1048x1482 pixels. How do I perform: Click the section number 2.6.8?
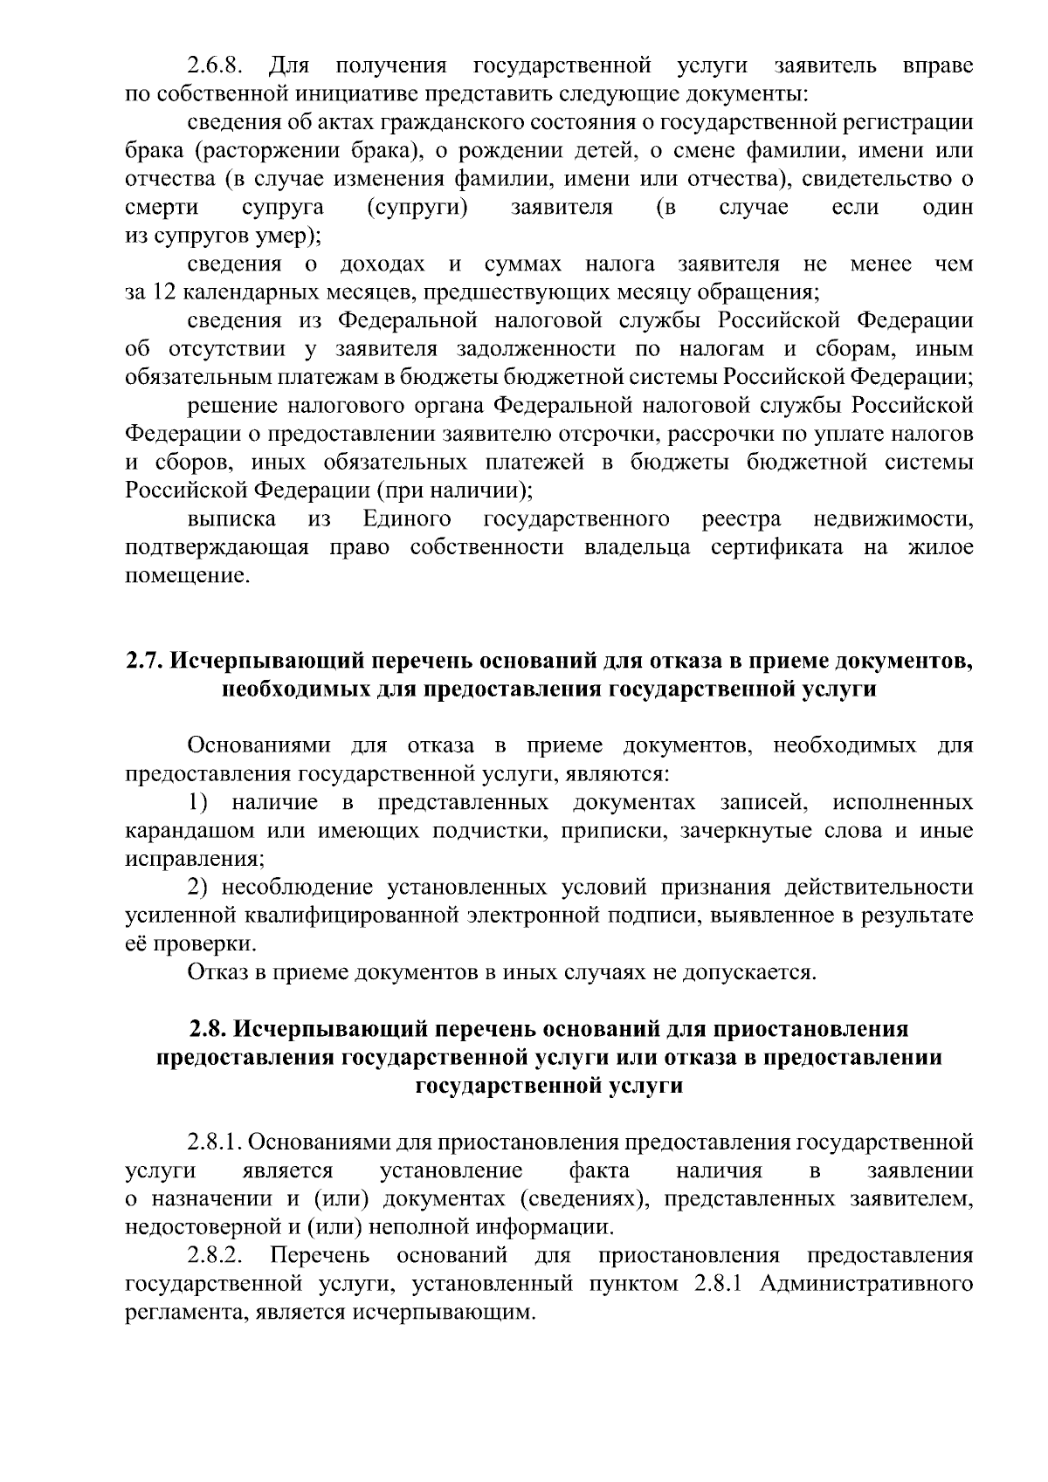point(216,66)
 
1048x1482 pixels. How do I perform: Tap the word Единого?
point(407,519)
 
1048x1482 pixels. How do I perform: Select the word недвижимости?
point(893,519)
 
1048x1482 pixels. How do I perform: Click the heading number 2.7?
point(143,661)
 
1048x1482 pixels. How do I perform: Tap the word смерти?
point(161,208)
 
